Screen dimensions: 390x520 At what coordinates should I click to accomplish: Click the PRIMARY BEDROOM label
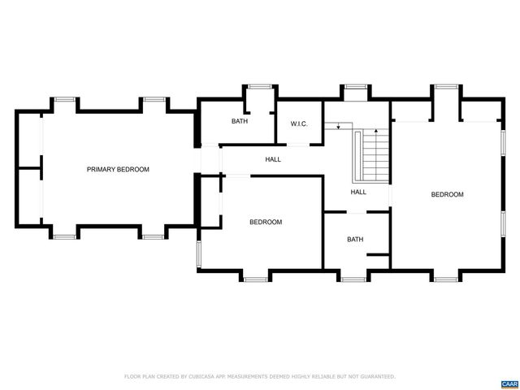coord(118,169)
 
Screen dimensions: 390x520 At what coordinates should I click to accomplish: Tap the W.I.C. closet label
coord(298,123)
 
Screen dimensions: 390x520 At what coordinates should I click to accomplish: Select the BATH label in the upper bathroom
coord(239,121)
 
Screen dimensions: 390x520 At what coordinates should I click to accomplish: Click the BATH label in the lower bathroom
coord(355,239)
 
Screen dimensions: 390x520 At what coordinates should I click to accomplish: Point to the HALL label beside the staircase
coord(358,193)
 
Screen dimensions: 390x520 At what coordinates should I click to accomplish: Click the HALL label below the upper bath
coord(273,159)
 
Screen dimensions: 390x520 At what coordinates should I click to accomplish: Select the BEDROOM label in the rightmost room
coord(447,194)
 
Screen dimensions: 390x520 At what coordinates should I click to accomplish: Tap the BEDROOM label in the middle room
coord(265,222)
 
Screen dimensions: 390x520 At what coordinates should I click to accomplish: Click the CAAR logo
coord(509,383)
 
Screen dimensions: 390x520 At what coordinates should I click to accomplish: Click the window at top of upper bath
coord(260,86)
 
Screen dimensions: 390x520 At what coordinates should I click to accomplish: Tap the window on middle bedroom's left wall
coord(198,254)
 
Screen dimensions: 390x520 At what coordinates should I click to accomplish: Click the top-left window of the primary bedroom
coord(66,99)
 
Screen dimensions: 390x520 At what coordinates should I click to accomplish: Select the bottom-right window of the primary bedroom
coord(154,236)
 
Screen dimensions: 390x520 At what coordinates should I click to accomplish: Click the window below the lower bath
coord(353,279)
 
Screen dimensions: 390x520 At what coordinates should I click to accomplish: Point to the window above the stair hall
coord(354,86)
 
